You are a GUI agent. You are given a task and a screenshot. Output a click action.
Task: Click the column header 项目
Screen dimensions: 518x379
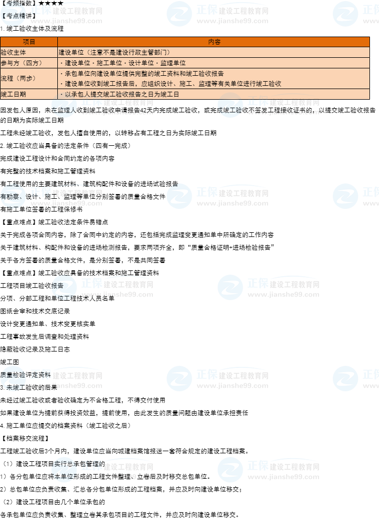pyautogui.click(x=29, y=42)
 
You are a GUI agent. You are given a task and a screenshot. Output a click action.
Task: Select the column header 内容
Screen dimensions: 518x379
pyautogui.click(x=214, y=42)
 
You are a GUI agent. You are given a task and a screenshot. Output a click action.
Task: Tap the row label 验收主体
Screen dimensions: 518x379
pyautogui.click(x=14, y=52)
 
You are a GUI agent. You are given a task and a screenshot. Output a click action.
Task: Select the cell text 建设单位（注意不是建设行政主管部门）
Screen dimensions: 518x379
pyautogui.click(x=114, y=52)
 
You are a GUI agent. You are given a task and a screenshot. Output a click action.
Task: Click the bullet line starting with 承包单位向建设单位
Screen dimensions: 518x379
pyautogui.click(x=143, y=74)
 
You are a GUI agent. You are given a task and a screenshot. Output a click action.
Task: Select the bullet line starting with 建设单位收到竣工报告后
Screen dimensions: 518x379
pyautogui.click(x=173, y=84)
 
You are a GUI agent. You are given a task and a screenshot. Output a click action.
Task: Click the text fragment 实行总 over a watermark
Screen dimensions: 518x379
pyautogui.click(x=64, y=464)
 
